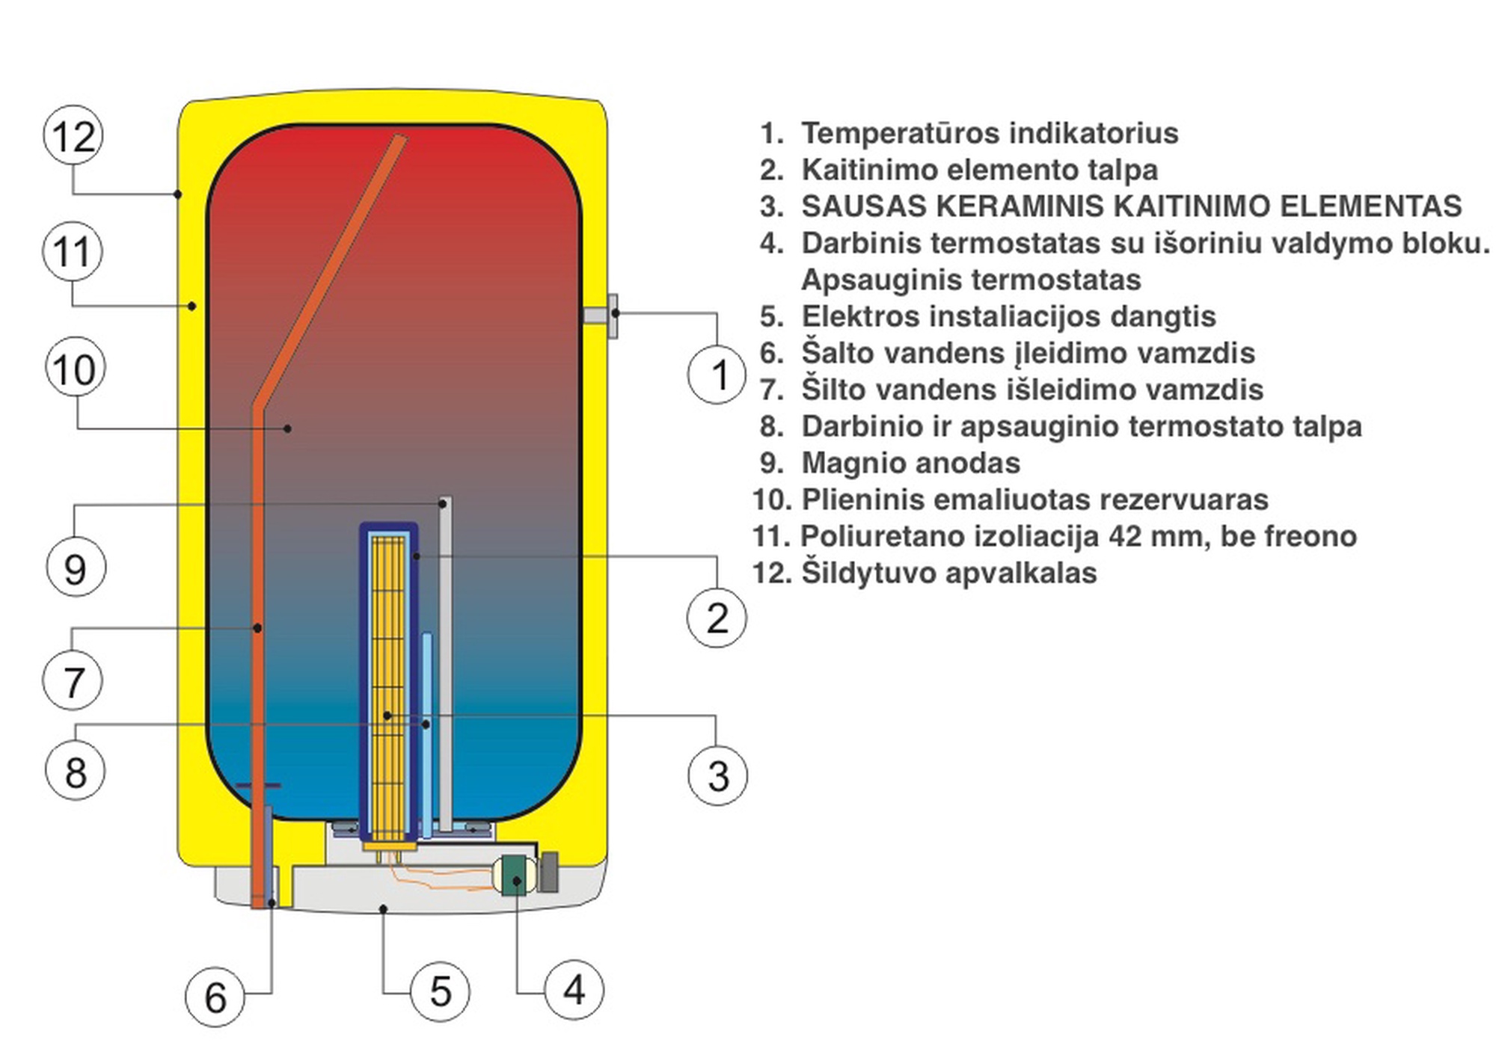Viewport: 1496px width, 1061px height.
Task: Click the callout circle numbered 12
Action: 73,137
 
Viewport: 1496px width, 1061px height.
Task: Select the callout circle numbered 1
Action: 717,374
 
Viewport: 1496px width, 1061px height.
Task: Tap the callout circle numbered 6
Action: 215,997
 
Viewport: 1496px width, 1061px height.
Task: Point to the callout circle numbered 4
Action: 574,990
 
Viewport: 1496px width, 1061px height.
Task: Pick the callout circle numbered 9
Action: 76,568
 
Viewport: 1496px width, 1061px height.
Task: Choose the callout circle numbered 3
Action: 717,775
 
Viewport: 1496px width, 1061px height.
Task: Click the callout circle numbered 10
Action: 75,369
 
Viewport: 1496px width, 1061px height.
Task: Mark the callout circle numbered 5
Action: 441,991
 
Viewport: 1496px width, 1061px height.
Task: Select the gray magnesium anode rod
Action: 444,658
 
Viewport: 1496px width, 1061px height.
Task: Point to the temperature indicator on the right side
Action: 603,315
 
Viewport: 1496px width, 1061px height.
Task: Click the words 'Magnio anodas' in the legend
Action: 910,463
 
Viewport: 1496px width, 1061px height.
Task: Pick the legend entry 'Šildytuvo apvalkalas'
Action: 948,573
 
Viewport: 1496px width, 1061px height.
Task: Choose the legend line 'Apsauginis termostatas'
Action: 970,280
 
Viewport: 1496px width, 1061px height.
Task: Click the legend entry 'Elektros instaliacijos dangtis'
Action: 1008,316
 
